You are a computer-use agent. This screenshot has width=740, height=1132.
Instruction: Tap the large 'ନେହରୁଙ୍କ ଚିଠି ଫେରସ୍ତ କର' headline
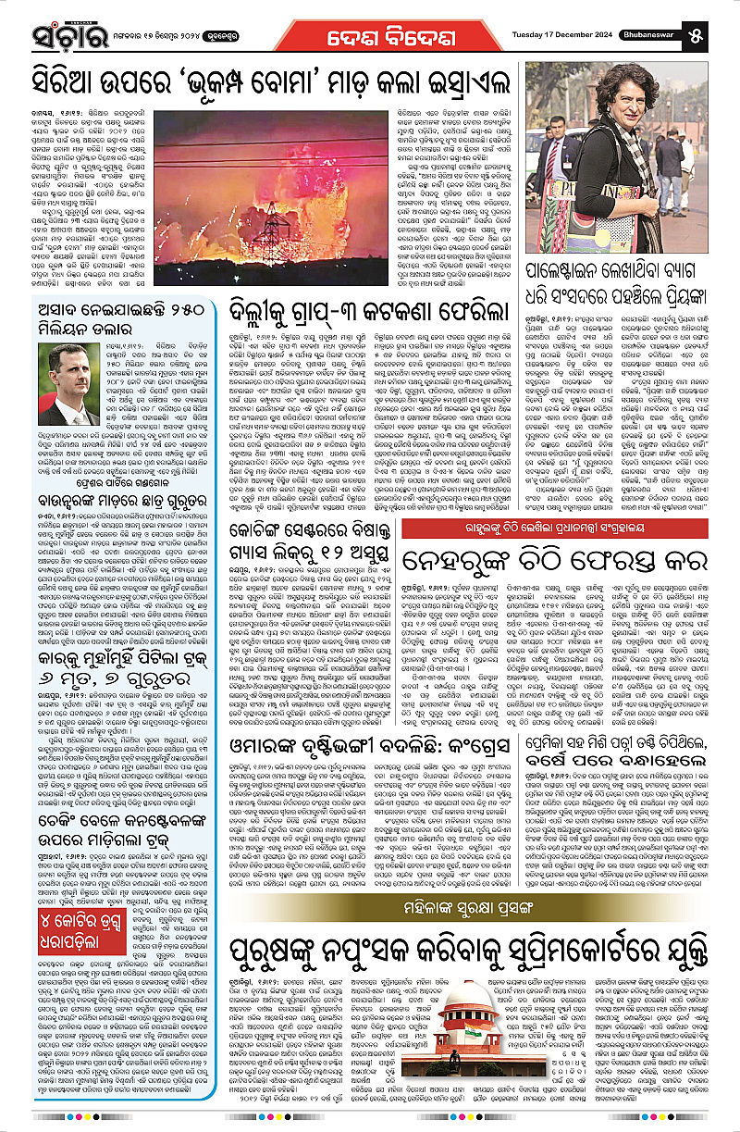(x=566, y=564)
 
